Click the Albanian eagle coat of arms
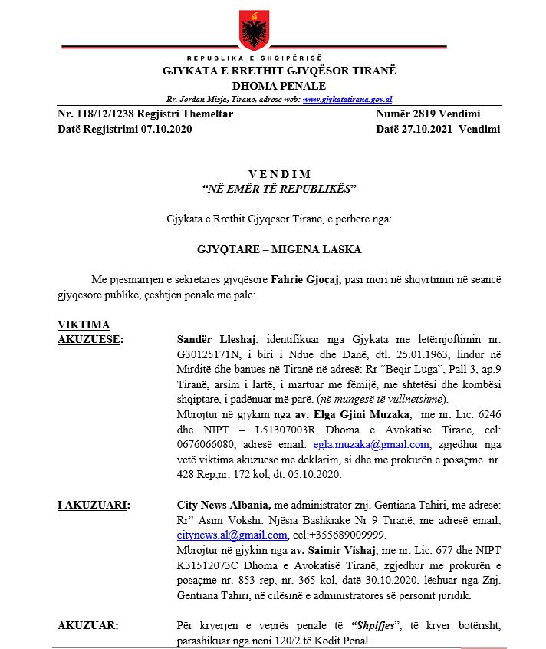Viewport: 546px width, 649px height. (253, 31)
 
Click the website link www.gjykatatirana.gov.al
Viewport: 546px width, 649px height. (348, 100)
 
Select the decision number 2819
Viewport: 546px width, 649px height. (422, 114)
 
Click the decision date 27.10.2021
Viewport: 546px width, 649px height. (426, 129)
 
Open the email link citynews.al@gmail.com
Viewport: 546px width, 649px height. (232, 535)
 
